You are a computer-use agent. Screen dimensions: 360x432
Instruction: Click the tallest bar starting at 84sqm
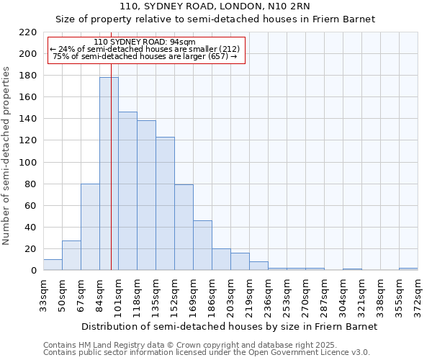tap(109, 174)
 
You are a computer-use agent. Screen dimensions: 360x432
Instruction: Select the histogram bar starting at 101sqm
tap(127, 191)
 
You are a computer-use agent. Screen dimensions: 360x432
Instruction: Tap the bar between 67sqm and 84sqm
tap(90, 227)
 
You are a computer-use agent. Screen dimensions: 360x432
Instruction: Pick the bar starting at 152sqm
tap(184, 227)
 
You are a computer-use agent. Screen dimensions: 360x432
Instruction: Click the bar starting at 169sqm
tap(202, 245)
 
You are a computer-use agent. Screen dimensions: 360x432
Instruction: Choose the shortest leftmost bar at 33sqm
tap(53, 264)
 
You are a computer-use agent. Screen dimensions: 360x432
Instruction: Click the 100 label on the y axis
tap(29, 163)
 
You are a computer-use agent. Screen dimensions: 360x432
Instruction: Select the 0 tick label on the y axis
tap(34, 271)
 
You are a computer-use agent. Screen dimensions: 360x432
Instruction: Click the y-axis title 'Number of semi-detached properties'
tap(7, 156)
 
